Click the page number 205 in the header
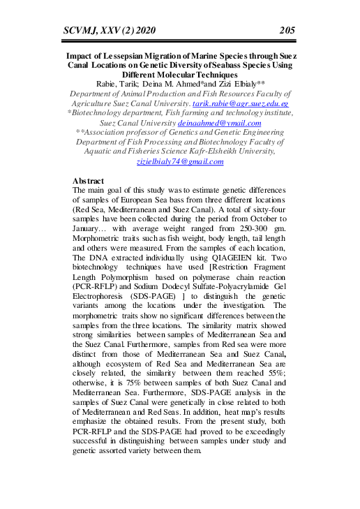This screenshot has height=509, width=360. [286, 29]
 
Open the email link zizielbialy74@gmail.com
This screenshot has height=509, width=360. [180, 161]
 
